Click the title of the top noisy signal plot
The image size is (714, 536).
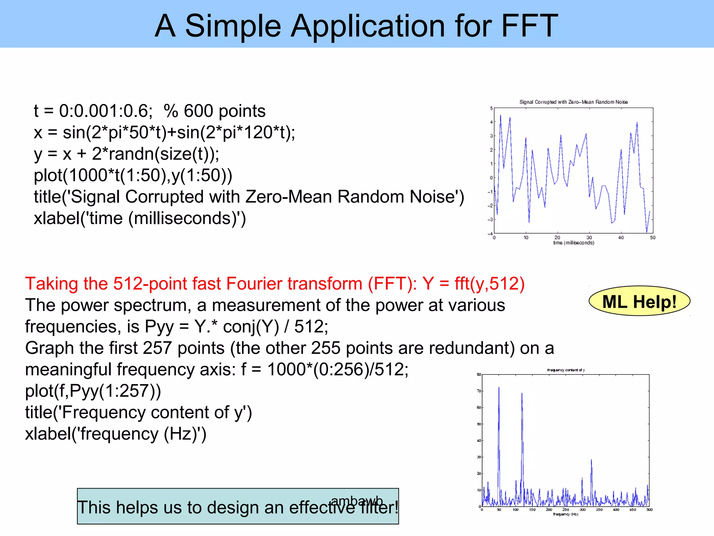click(574, 102)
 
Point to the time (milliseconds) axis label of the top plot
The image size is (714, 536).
click(574, 243)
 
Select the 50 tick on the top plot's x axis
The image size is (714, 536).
click(652, 238)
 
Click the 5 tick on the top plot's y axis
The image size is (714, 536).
click(491, 109)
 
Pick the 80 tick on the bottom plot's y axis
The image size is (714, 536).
click(479, 375)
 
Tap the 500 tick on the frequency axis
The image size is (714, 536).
click(649, 510)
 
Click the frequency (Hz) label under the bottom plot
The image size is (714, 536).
click(565, 514)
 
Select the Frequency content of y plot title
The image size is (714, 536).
click(566, 370)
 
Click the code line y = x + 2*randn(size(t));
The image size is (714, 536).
click(126, 154)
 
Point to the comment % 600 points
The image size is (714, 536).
click(214, 111)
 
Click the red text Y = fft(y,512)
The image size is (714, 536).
click(473, 283)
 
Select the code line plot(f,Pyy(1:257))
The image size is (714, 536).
click(93, 391)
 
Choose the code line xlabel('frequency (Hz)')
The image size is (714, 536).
click(115, 434)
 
